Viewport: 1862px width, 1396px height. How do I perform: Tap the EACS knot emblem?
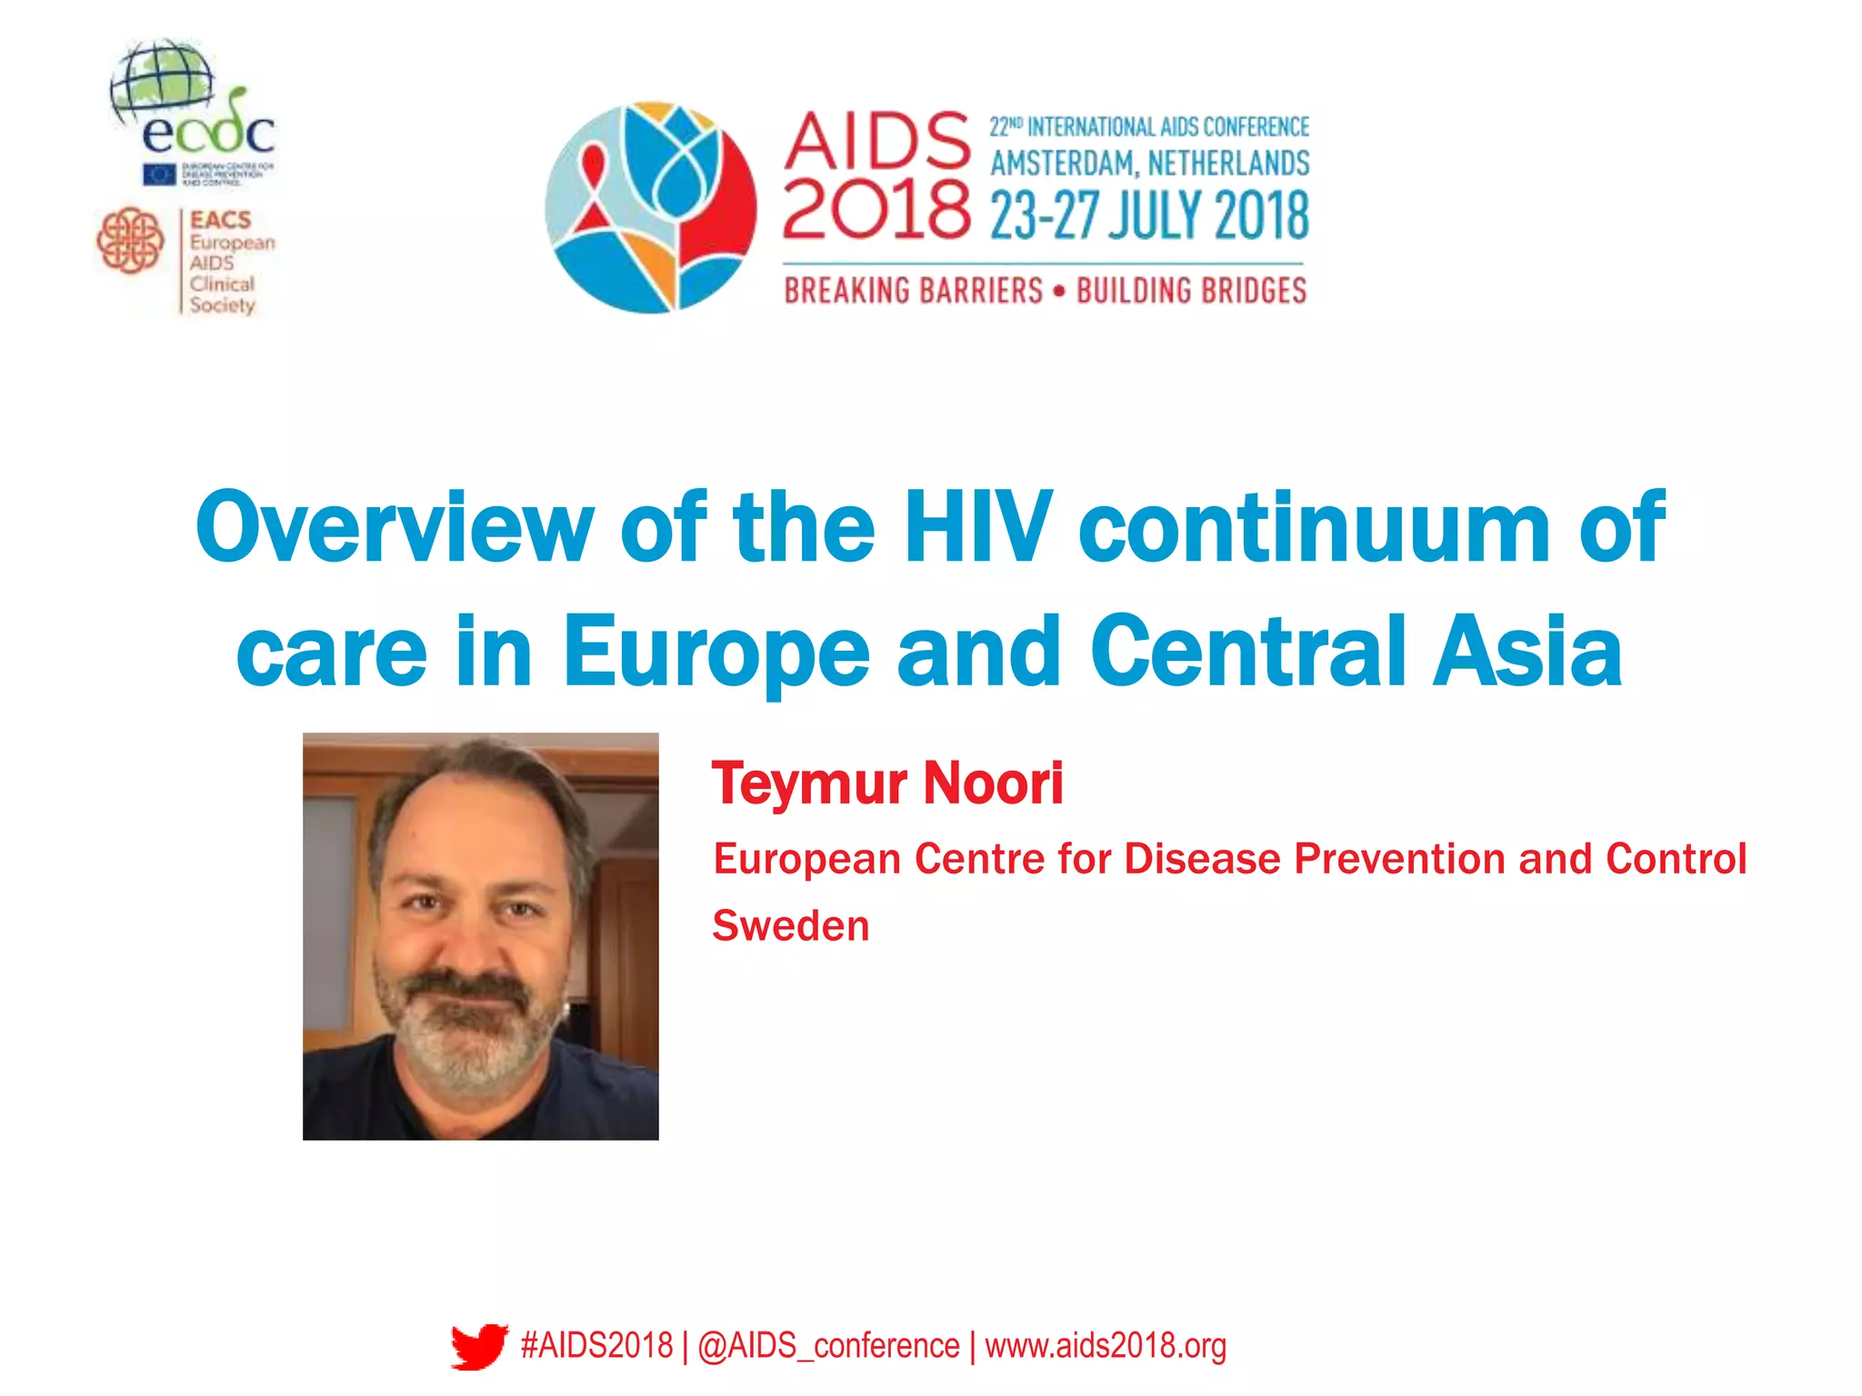(130, 241)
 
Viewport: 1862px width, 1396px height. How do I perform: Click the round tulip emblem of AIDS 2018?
(651, 207)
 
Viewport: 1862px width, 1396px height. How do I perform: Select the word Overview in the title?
(394, 528)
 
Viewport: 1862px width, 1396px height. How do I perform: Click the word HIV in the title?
(978, 526)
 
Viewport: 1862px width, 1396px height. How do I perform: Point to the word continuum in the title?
(1314, 528)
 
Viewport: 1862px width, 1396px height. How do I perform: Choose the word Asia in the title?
(1527, 651)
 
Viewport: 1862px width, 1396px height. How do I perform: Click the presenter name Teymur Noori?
(887, 783)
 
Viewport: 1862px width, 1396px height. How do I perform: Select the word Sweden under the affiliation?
(791, 926)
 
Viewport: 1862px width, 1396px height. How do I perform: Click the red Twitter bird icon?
(479, 1346)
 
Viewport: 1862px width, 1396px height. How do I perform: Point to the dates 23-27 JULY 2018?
(1149, 216)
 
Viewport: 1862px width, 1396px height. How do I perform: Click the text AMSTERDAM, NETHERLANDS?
(1149, 164)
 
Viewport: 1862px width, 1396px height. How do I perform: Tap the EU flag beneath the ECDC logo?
(159, 174)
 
